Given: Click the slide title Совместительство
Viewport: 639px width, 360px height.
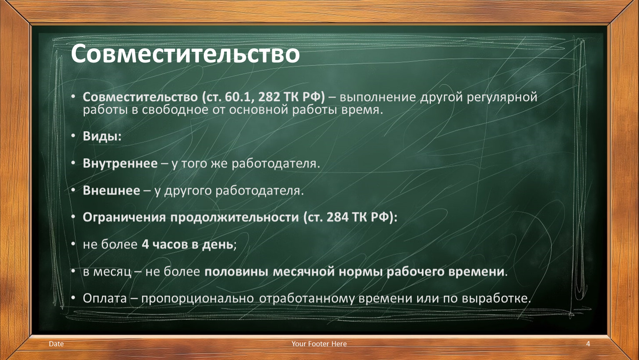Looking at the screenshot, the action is coord(185,54).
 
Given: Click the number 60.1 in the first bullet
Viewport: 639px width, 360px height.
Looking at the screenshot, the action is coord(236,97).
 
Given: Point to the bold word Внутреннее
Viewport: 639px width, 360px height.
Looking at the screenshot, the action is coord(120,163).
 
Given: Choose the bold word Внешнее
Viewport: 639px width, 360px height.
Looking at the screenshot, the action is coord(112,190).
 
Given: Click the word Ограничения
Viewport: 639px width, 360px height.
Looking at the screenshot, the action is coord(124,217).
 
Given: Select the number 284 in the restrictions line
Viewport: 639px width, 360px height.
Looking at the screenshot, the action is coord(338,217).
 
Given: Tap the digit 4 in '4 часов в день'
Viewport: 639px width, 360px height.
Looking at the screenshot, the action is coord(145,245).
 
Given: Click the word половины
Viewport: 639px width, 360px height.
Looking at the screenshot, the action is coord(236,272).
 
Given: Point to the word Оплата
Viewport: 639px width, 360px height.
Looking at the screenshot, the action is coord(105,298).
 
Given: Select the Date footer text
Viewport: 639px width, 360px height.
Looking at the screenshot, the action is coord(56,344).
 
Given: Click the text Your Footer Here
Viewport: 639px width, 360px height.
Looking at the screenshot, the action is coord(319,344).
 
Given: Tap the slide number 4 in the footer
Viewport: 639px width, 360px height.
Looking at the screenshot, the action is coord(588,344).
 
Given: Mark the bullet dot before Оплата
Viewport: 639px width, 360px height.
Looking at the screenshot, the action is coord(73,298).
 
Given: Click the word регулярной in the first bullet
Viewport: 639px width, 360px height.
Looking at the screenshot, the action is coord(502,97).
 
